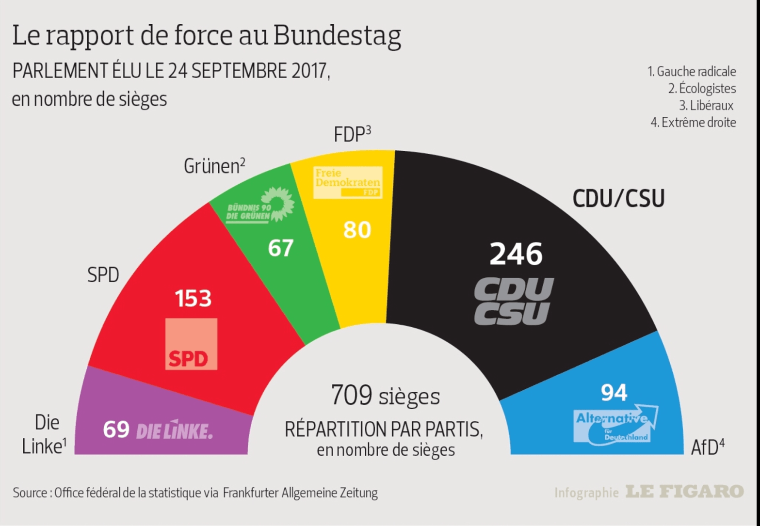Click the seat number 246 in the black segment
516,254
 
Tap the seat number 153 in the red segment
193,298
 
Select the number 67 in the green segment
281,248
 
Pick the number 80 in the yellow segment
357,230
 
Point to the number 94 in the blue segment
614,392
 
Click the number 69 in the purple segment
116,430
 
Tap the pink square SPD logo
191,344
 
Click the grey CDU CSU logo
513,301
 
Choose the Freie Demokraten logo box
348,182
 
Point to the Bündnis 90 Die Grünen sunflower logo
260,207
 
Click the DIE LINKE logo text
174,430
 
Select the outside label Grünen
214,166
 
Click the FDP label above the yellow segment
352,134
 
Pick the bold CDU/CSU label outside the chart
618,199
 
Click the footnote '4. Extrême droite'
693,123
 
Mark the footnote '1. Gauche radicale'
692,72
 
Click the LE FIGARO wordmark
684,492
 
